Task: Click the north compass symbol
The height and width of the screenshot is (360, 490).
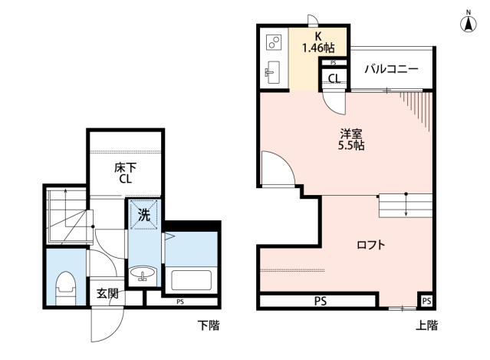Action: pyautogui.click(x=467, y=22)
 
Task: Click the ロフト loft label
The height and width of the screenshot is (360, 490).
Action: pyautogui.click(x=370, y=246)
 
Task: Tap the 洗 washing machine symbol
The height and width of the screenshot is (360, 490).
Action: pyautogui.click(x=143, y=215)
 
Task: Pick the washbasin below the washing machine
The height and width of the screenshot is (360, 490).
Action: pyautogui.click(x=143, y=275)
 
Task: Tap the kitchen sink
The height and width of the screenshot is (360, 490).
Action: pyautogui.click(x=272, y=74)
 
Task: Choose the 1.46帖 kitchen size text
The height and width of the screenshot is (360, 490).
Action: pyautogui.click(x=317, y=48)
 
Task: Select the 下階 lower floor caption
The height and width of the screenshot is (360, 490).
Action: pyautogui.click(x=207, y=325)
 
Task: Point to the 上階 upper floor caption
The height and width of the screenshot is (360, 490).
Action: pyautogui.click(x=427, y=325)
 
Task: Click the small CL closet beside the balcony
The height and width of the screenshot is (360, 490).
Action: pyautogui.click(x=335, y=78)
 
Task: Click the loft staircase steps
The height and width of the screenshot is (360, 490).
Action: pyautogui.click(x=406, y=206)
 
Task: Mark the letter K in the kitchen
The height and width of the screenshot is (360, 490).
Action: pyautogui.click(x=317, y=35)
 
